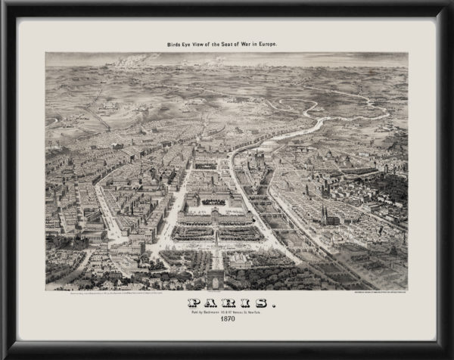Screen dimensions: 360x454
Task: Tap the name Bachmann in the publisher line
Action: click(209, 312)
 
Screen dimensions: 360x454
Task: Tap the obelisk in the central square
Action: click(216, 239)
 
